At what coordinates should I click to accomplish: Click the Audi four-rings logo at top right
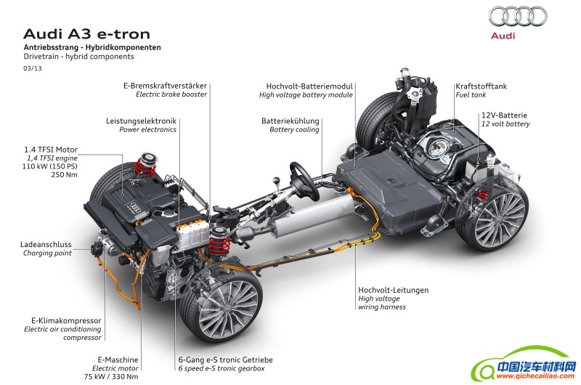pos(518,16)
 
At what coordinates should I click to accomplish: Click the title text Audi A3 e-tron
pos(86,34)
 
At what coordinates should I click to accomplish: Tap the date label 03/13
pos(33,68)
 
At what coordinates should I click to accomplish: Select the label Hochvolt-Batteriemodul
pos(309,86)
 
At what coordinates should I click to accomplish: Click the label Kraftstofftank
pos(481,86)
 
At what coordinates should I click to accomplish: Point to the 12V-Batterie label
pos(504,115)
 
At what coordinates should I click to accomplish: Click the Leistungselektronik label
pos(141,121)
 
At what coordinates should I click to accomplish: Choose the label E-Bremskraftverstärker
pos(165,86)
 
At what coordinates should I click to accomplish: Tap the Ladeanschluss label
pos(46,244)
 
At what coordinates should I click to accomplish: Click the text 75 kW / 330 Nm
pos(111,376)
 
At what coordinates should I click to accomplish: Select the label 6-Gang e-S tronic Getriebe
pos(226,360)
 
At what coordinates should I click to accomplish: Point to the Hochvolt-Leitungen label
pos(393,290)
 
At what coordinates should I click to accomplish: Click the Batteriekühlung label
pos(290,121)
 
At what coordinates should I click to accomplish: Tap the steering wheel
pos(304,181)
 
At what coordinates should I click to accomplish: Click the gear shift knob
pos(275,180)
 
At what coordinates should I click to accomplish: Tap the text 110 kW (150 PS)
pos(49,166)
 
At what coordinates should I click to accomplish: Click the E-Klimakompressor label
pos(66,320)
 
